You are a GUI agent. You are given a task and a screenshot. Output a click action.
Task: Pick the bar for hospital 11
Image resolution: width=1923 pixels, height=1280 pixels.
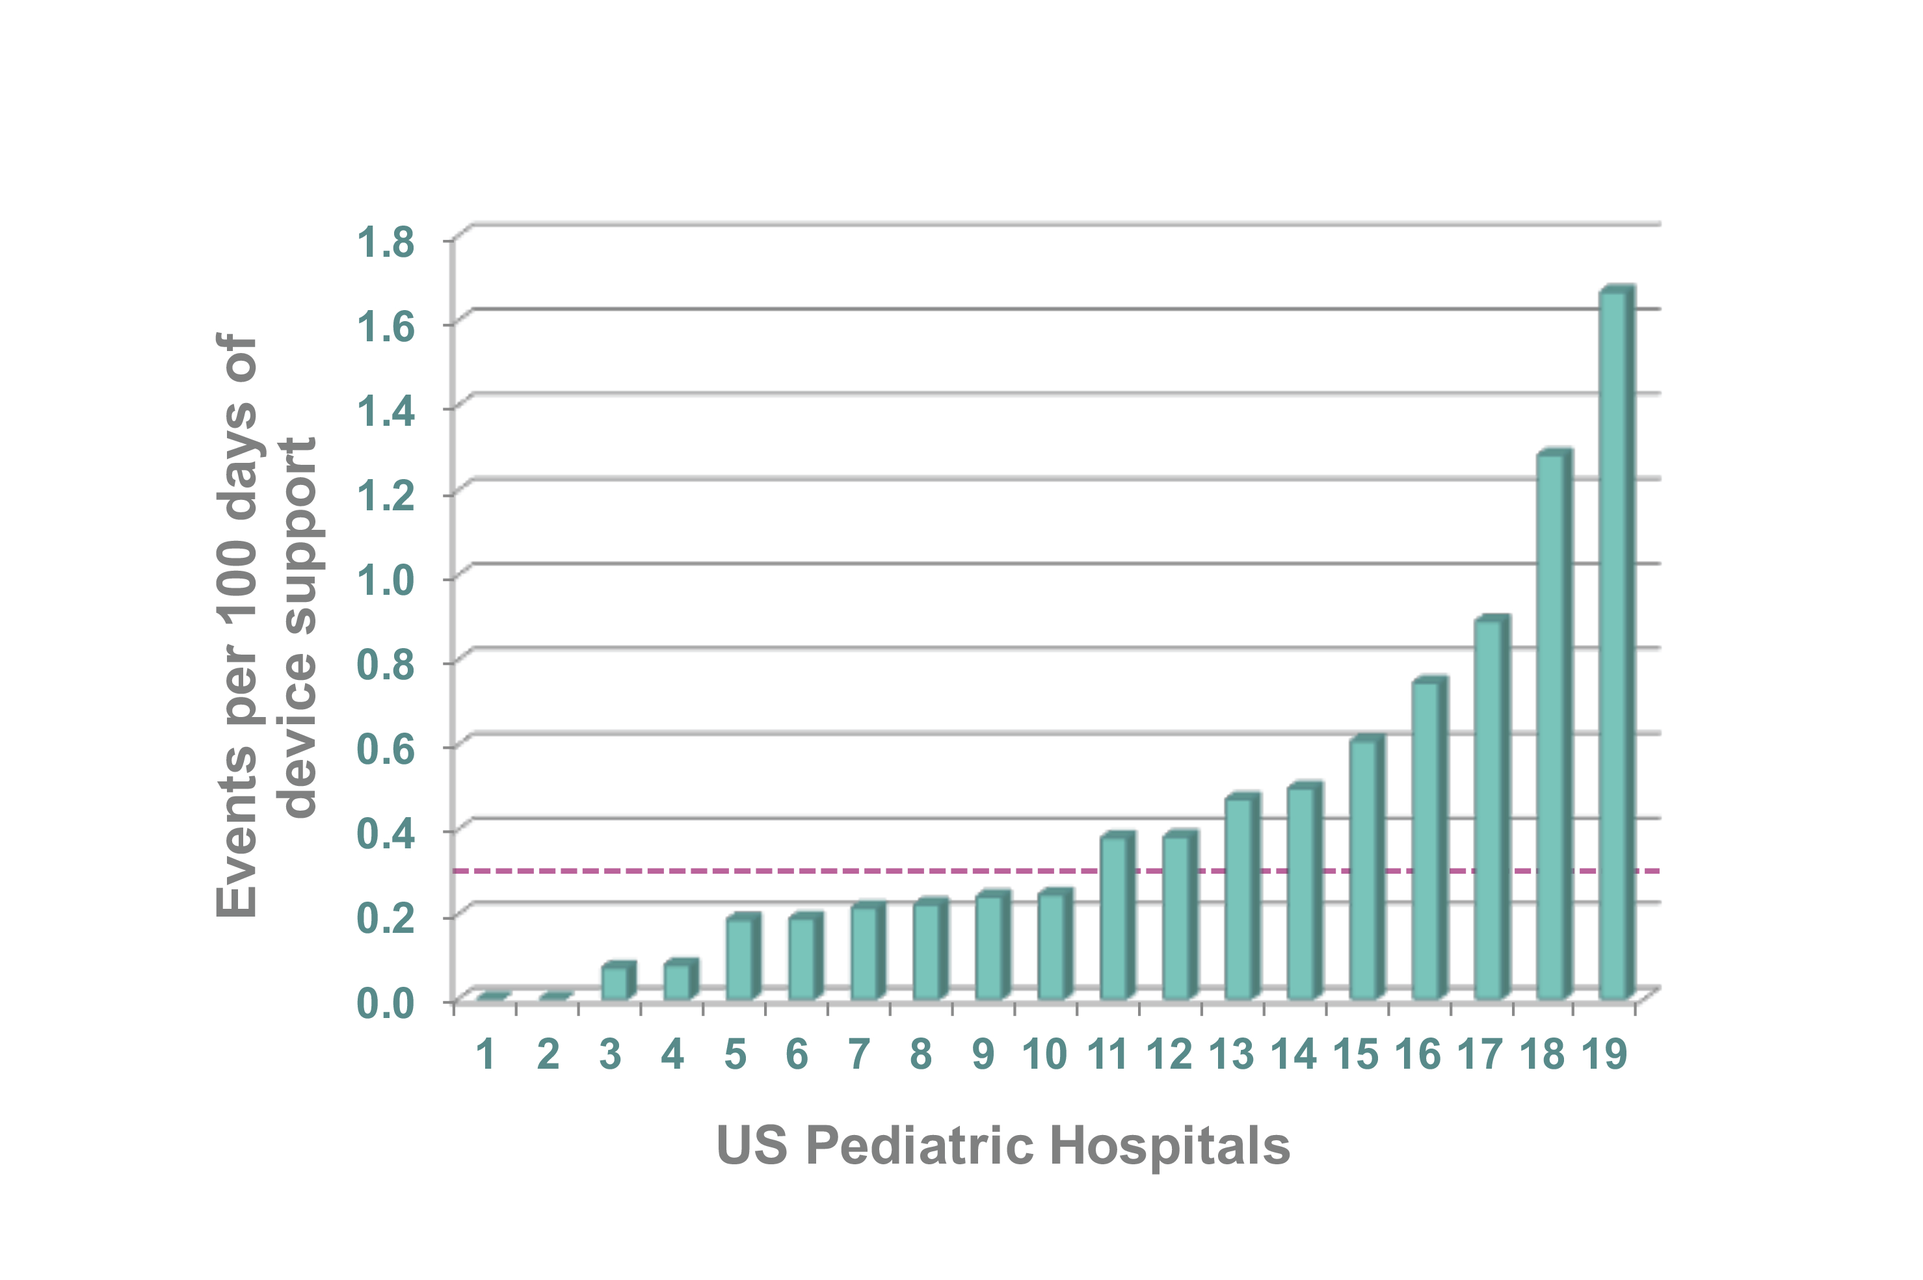click(1113, 919)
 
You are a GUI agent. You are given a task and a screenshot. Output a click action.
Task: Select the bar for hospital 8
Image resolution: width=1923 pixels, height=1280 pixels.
click(926, 950)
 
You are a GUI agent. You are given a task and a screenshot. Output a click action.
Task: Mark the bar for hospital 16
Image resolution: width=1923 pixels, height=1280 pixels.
click(1426, 841)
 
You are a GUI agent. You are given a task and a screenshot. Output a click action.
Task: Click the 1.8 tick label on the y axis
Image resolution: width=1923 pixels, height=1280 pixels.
click(386, 242)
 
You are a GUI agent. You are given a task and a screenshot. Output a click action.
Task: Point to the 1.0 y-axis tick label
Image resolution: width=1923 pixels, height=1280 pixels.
click(386, 581)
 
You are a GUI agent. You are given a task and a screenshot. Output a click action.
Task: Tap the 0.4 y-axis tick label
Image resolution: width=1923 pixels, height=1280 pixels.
click(386, 833)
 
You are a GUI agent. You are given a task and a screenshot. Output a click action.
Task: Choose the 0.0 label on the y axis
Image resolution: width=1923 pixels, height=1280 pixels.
click(386, 1002)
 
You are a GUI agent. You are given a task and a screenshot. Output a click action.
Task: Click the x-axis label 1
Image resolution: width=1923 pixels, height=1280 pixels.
click(486, 1054)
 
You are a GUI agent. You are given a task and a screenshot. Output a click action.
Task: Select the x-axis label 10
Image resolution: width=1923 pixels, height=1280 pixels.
click(1045, 1054)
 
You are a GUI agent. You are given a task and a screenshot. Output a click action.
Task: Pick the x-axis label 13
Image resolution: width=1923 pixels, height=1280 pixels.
click(1231, 1054)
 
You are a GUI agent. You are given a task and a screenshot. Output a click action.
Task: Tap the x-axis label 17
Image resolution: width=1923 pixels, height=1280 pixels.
click(1480, 1054)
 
